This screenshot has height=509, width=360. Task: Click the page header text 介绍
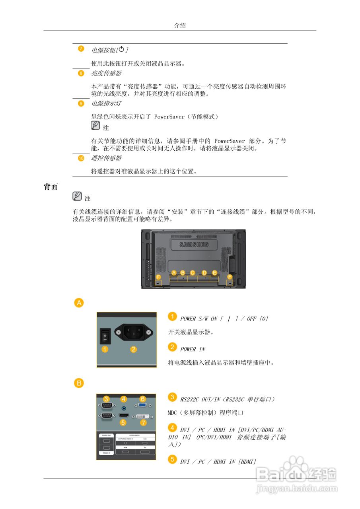click(180, 25)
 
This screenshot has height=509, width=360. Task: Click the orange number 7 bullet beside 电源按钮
click(81, 49)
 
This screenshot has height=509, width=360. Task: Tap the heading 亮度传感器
click(106, 73)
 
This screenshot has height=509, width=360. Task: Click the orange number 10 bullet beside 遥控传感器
click(81, 158)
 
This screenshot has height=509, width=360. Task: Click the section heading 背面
click(51, 187)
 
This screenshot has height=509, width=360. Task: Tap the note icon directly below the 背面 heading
click(77, 196)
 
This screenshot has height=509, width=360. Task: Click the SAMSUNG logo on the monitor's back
click(194, 244)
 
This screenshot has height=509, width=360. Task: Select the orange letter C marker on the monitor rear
click(193, 273)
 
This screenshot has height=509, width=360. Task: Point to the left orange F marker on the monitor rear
click(158, 277)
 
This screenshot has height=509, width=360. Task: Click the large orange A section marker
click(79, 303)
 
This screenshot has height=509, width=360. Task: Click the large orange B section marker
click(79, 383)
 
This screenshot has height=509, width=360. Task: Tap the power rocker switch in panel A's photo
click(105, 336)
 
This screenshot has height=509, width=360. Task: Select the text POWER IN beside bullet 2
click(193, 349)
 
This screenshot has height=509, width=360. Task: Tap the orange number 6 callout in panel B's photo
click(142, 399)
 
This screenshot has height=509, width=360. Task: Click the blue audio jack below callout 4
click(124, 408)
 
